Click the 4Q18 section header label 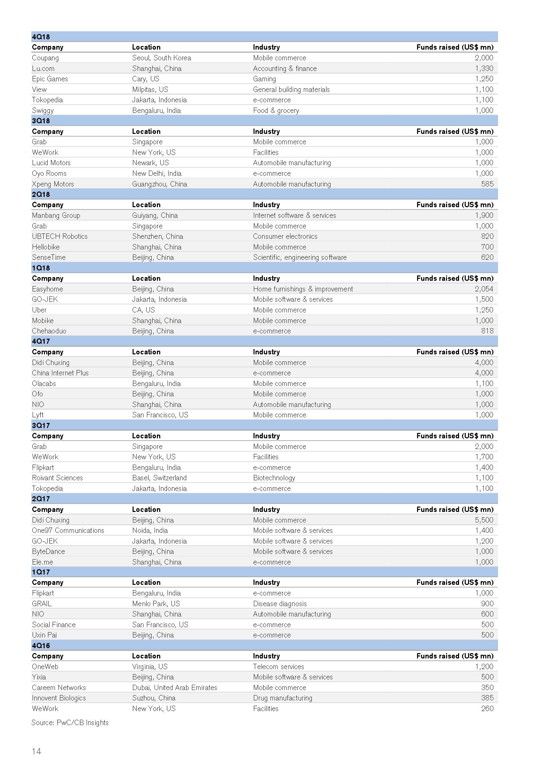pos(41,37)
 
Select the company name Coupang pos(45,58)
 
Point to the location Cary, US pos(146,79)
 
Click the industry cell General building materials pos(291,90)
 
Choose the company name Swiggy pos(43,111)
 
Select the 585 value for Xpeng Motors pos(487,184)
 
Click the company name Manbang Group pos(56,215)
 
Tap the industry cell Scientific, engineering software pos(299,257)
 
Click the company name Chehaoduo pos(49,331)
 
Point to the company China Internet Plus pos(60,373)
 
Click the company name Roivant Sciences pos(57,478)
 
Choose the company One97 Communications pos(68,531)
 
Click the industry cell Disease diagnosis pos(279,604)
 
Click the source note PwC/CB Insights pos(70,723)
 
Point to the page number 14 pos(36,751)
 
